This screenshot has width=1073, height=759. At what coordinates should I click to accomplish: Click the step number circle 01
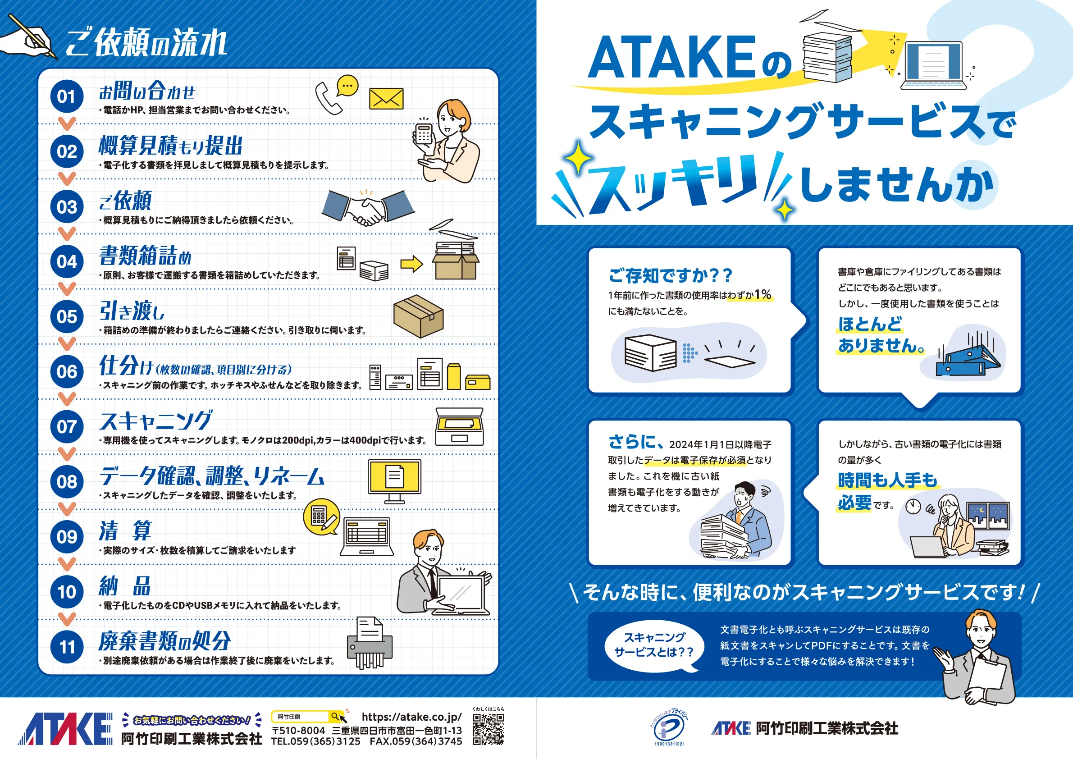point(67,96)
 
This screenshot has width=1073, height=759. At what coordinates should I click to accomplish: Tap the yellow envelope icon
point(386,99)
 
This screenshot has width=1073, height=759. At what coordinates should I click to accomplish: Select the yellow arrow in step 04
point(411,264)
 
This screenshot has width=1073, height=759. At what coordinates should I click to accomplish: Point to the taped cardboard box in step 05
point(418,316)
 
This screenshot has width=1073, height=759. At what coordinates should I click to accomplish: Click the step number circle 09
point(67,536)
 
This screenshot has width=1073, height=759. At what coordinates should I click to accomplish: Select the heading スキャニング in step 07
point(156,421)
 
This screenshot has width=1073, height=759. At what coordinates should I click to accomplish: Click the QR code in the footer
point(488,729)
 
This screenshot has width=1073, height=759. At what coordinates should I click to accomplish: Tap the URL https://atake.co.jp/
point(411,717)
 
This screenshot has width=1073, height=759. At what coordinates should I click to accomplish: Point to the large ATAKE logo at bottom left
point(65,729)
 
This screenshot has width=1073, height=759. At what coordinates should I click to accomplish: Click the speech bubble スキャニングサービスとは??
point(654,645)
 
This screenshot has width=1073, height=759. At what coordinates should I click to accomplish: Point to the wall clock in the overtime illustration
point(913,506)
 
